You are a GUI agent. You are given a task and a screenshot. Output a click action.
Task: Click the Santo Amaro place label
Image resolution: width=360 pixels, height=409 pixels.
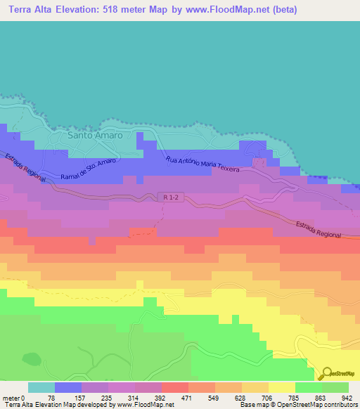click(x=95, y=134)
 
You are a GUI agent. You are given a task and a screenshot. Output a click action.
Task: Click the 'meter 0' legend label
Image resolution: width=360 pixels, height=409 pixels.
click(x=13, y=398)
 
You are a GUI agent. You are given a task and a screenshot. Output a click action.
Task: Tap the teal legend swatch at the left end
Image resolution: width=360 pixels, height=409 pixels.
click(x=41, y=387)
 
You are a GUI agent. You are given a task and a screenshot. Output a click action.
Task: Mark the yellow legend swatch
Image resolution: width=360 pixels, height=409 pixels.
click(x=281, y=387)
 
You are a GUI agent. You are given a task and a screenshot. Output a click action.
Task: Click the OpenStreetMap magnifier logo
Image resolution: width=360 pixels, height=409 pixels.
click(x=327, y=373)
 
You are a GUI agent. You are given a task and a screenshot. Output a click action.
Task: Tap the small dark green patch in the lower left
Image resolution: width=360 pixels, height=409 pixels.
click(x=31, y=358)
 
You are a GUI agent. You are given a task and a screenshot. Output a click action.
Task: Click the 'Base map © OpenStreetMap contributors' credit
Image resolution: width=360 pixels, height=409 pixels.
click(x=296, y=405)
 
